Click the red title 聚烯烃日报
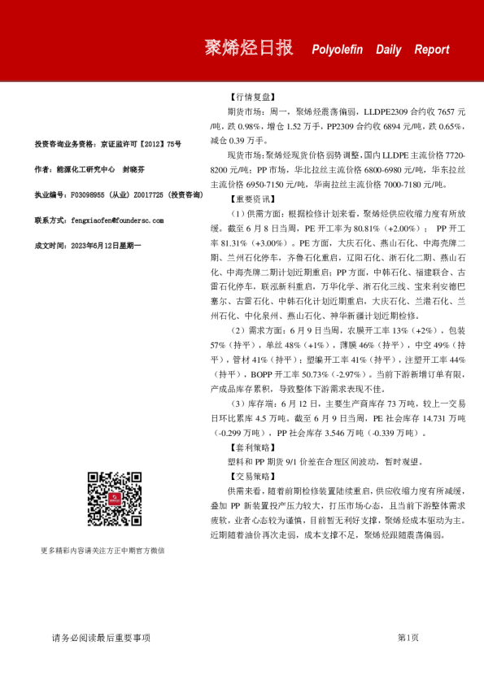tap(248, 48)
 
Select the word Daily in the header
tap(388, 50)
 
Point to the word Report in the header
tap(431, 50)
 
